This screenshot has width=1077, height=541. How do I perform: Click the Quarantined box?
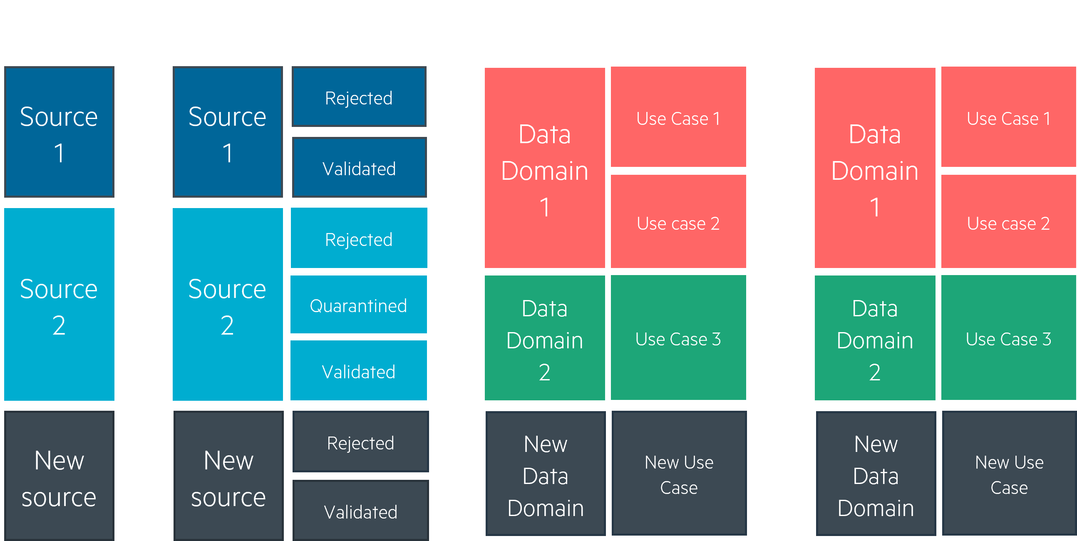[359, 304]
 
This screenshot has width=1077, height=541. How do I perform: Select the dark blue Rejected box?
[359, 97]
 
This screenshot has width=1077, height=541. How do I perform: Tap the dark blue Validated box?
[359, 167]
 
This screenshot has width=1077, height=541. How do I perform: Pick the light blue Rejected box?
[359, 238]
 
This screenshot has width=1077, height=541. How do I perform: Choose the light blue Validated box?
[359, 370]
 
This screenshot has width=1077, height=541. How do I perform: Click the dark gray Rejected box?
[360, 442]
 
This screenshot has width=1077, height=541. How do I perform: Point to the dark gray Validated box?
[360, 511]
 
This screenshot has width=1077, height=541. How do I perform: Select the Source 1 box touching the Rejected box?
[228, 132]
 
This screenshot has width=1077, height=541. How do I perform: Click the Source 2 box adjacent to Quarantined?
[228, 304]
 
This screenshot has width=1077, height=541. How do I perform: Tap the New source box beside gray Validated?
[228, 476]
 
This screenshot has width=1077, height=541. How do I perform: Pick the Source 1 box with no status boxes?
[60, 132]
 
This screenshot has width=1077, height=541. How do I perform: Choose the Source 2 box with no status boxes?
[60, 304]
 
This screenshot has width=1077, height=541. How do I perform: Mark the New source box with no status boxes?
[60, 476]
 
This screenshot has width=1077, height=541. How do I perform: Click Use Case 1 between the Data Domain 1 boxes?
[679, 117]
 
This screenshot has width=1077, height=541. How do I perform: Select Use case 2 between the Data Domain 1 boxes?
[679, 221]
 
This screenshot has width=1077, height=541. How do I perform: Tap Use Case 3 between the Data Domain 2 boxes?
[679, 338]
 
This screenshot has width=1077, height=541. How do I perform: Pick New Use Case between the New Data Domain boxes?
[679, 473]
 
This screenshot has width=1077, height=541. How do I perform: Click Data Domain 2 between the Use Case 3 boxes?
[875, 338]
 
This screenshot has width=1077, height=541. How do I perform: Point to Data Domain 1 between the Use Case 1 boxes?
[875, 168]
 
